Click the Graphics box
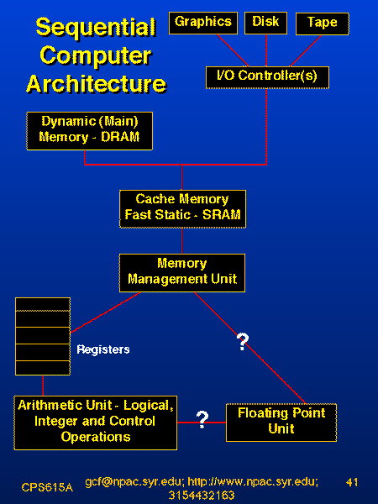pyautogui.click(x=203, y=24)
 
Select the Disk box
pyautogui.click(x=265, y=24)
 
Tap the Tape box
pyautogui.click(x=322, y=24)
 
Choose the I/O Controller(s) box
pyautogui.click(x=267, y=77)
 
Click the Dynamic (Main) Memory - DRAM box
pyautogui.click(x=89, y=131)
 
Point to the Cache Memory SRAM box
pyautogui.click(x=182, y=209)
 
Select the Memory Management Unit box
pyautogui.click(x=182, y=273)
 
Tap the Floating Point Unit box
pyautogui.click(x=281, y=423)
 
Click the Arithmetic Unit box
pyautogui.click(x=96, y=423)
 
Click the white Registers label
pyautogui.click(x=103, y=349)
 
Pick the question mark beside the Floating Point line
pyautogui.click(x=243, y=342)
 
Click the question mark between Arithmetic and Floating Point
pyautogui.click(x=202, y=419)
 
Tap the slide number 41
pyautogui.click(x=352, y=482)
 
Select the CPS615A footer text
pyautogui.click(x=47, y=487)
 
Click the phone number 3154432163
pyautogui.click(x=202, y=495)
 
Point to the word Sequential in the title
pyautogui.click(x=96, y=28)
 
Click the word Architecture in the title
pyautogui.click(x=96, y=84)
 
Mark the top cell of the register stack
pyautogui.click(x=43, y=304)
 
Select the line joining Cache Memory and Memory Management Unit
pyautogui.click(x=182, y=241)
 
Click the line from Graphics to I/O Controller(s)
pyautogui.click(x=233, y=50)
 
